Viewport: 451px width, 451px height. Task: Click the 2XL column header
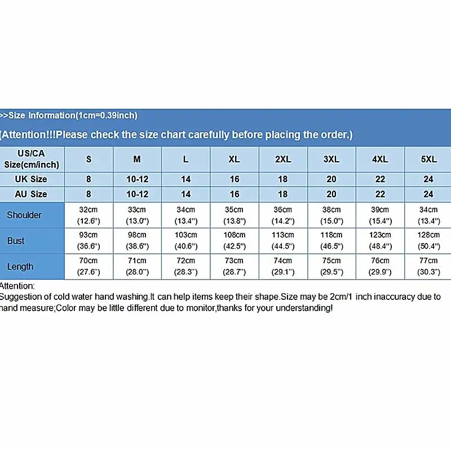(x=283, y=160)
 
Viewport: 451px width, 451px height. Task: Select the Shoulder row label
(x=24, y=215)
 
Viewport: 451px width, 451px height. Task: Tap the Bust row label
(x=16, y=241)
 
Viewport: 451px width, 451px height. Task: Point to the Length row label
(x=20, y=267)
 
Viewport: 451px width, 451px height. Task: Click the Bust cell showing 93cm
(x=89, y=240)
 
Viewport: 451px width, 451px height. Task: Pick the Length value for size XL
(x=234, y=266)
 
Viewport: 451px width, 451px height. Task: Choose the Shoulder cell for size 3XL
(x=331, y=214)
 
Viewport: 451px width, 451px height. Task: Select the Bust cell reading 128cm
(x=429, y=240)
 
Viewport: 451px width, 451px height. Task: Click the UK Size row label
(x=31, y=179)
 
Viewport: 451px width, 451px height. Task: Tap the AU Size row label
(x=31, y=194)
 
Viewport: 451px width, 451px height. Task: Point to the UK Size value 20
(x=331, y=179)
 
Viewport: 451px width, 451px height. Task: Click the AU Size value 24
(x=429, y=194)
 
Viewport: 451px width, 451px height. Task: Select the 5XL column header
(x=429, y=160)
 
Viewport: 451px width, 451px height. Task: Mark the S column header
(x=89, y=160)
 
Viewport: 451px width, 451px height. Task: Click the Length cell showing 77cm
(x=429, y=266)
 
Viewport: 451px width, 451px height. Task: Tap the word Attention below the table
(x=17, y=286)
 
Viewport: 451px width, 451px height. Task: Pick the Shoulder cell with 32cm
(x=89, y=214)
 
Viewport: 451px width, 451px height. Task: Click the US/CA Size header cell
(x=32, y=159)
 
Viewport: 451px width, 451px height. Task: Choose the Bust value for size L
(x=185, y=240)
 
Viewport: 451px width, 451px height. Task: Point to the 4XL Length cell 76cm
(x=381, y=266)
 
